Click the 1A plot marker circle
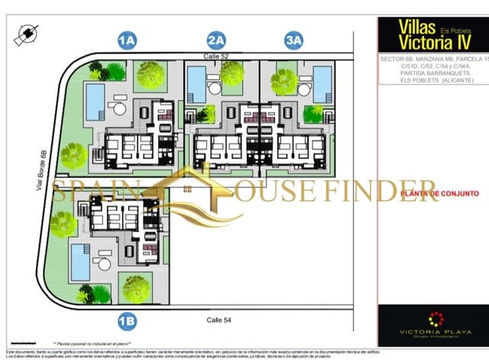pos(127,39)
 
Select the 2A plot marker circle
pos(216,39)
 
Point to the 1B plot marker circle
pos(127,320)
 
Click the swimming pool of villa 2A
pos(196,82)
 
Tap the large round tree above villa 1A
pos(151,75)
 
